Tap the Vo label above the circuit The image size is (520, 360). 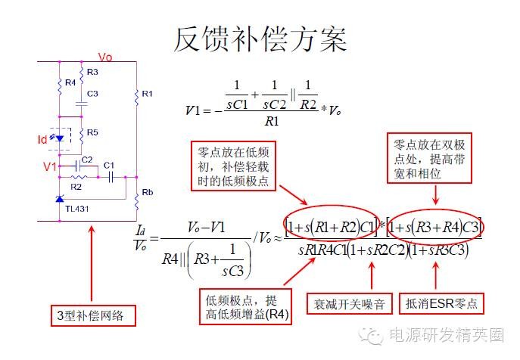105,57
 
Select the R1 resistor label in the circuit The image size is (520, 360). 147,94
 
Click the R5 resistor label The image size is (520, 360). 92,132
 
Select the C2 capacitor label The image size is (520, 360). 87,160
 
